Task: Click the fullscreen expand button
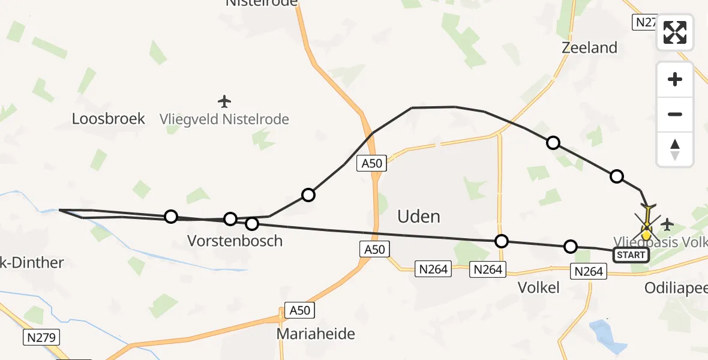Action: click(x=675, y=32)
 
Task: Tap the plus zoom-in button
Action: click(x=675, y=79)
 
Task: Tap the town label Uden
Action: click(x=419, y=216)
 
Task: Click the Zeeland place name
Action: click(x=589, y=48)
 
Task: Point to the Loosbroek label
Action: click(x=109, y=118)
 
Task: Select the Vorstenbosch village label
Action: click(x=235, y=241)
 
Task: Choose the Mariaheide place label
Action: click(x=316, y=334)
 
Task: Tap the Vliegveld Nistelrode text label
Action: click(x=224, y=119)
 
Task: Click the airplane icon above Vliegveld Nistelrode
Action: click(x=224, y=101)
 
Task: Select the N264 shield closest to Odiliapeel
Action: click(x=588, y=272)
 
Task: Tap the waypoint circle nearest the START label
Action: click(x=571, y=246)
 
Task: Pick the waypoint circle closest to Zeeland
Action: click(x=553, y=143)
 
